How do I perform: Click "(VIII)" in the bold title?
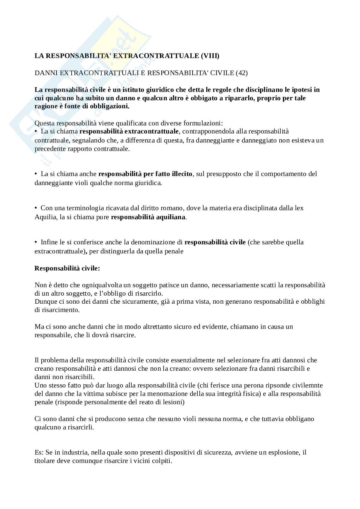click(x=210, y=56)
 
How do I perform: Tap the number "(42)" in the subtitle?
click(x=242, y=73)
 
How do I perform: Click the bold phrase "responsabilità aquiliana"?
click(x=148, y=217)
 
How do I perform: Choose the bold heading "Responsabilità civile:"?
click(x=67, y=268)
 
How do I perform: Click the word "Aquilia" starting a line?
click(x=45, y=217)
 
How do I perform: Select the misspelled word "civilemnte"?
click(x=308, y=385)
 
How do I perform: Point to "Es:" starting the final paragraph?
click(x=39, y=452)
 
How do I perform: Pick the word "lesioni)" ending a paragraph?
click(x=174, y=402)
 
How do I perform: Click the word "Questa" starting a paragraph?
click(x=45, y=123)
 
